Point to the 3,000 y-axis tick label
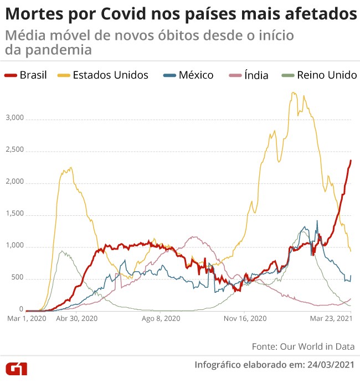[x=15, y=118]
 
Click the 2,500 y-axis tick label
[x=15, y=150]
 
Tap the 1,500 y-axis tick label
[x=15, y=214]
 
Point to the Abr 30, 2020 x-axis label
[x=77, y=318]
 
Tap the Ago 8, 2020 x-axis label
[x=161, y=318]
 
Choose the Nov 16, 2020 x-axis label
[x=245, y=318]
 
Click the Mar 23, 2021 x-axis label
[x=331, y=318]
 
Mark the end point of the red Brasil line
[x=351, y=161]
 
